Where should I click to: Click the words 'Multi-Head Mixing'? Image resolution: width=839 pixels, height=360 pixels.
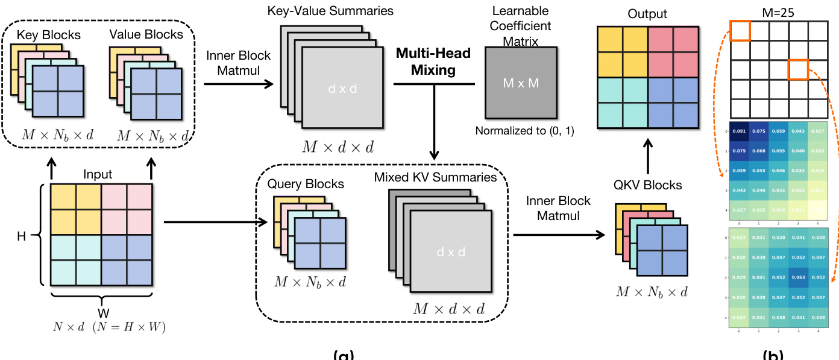click(433, 62)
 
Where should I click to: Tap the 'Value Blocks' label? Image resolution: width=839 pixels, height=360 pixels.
click(146, 34)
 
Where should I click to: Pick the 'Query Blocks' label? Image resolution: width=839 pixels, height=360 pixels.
click(306, 184)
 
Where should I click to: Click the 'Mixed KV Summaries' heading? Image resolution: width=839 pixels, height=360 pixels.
click(435, 177)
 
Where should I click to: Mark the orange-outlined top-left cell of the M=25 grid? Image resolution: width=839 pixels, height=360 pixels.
click(740, 31)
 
